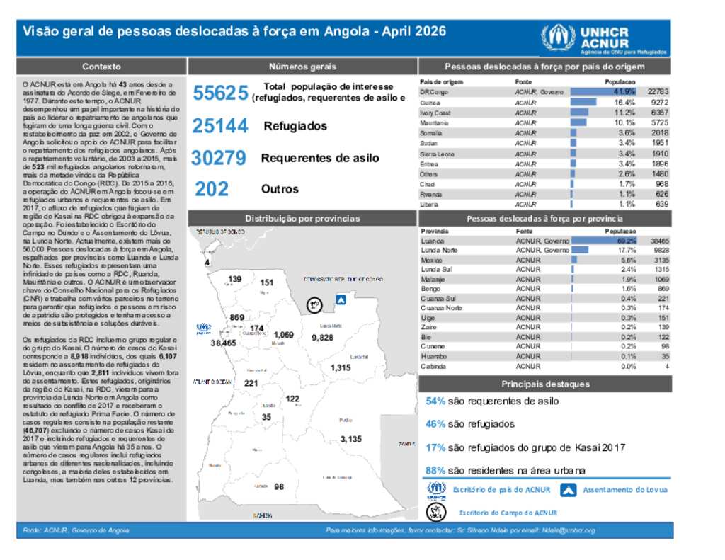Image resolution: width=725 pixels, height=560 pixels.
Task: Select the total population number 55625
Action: [x=220, y=93]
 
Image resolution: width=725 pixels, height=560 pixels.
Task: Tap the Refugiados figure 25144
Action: [x=219, y=126]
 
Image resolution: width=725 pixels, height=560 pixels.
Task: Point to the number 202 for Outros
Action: [x=212, y=189]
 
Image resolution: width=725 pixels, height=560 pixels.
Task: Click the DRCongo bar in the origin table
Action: [x=603, y=92]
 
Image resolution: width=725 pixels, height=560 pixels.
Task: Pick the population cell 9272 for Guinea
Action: [x=658, y=103]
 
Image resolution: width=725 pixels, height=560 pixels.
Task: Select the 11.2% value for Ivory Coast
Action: [x=624, y=113]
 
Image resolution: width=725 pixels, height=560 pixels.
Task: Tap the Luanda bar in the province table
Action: [x=603, y=241]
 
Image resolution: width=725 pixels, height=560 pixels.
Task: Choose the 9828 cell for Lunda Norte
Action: [x=660, y=251]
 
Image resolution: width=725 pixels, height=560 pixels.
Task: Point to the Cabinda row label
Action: [x=433, y=366]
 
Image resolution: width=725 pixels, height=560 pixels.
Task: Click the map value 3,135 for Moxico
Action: [x=350, y=439]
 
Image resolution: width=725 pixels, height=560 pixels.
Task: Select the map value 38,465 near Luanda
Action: [x=223, y=343]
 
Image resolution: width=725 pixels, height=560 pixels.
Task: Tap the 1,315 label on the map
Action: [x=340, y=367]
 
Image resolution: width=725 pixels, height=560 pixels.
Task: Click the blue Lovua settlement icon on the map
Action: [x=341, y=300]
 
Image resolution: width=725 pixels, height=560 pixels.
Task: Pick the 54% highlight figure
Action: [x=435, y=401]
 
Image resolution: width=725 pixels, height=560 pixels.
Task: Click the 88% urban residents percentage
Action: [x=435, y=470]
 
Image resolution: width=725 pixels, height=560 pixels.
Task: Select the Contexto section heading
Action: [x=101, y=67]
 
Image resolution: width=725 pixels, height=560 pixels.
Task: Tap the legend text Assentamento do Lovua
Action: [x=624, y=489]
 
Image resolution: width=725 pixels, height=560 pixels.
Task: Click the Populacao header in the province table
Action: [x=621, y=232]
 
